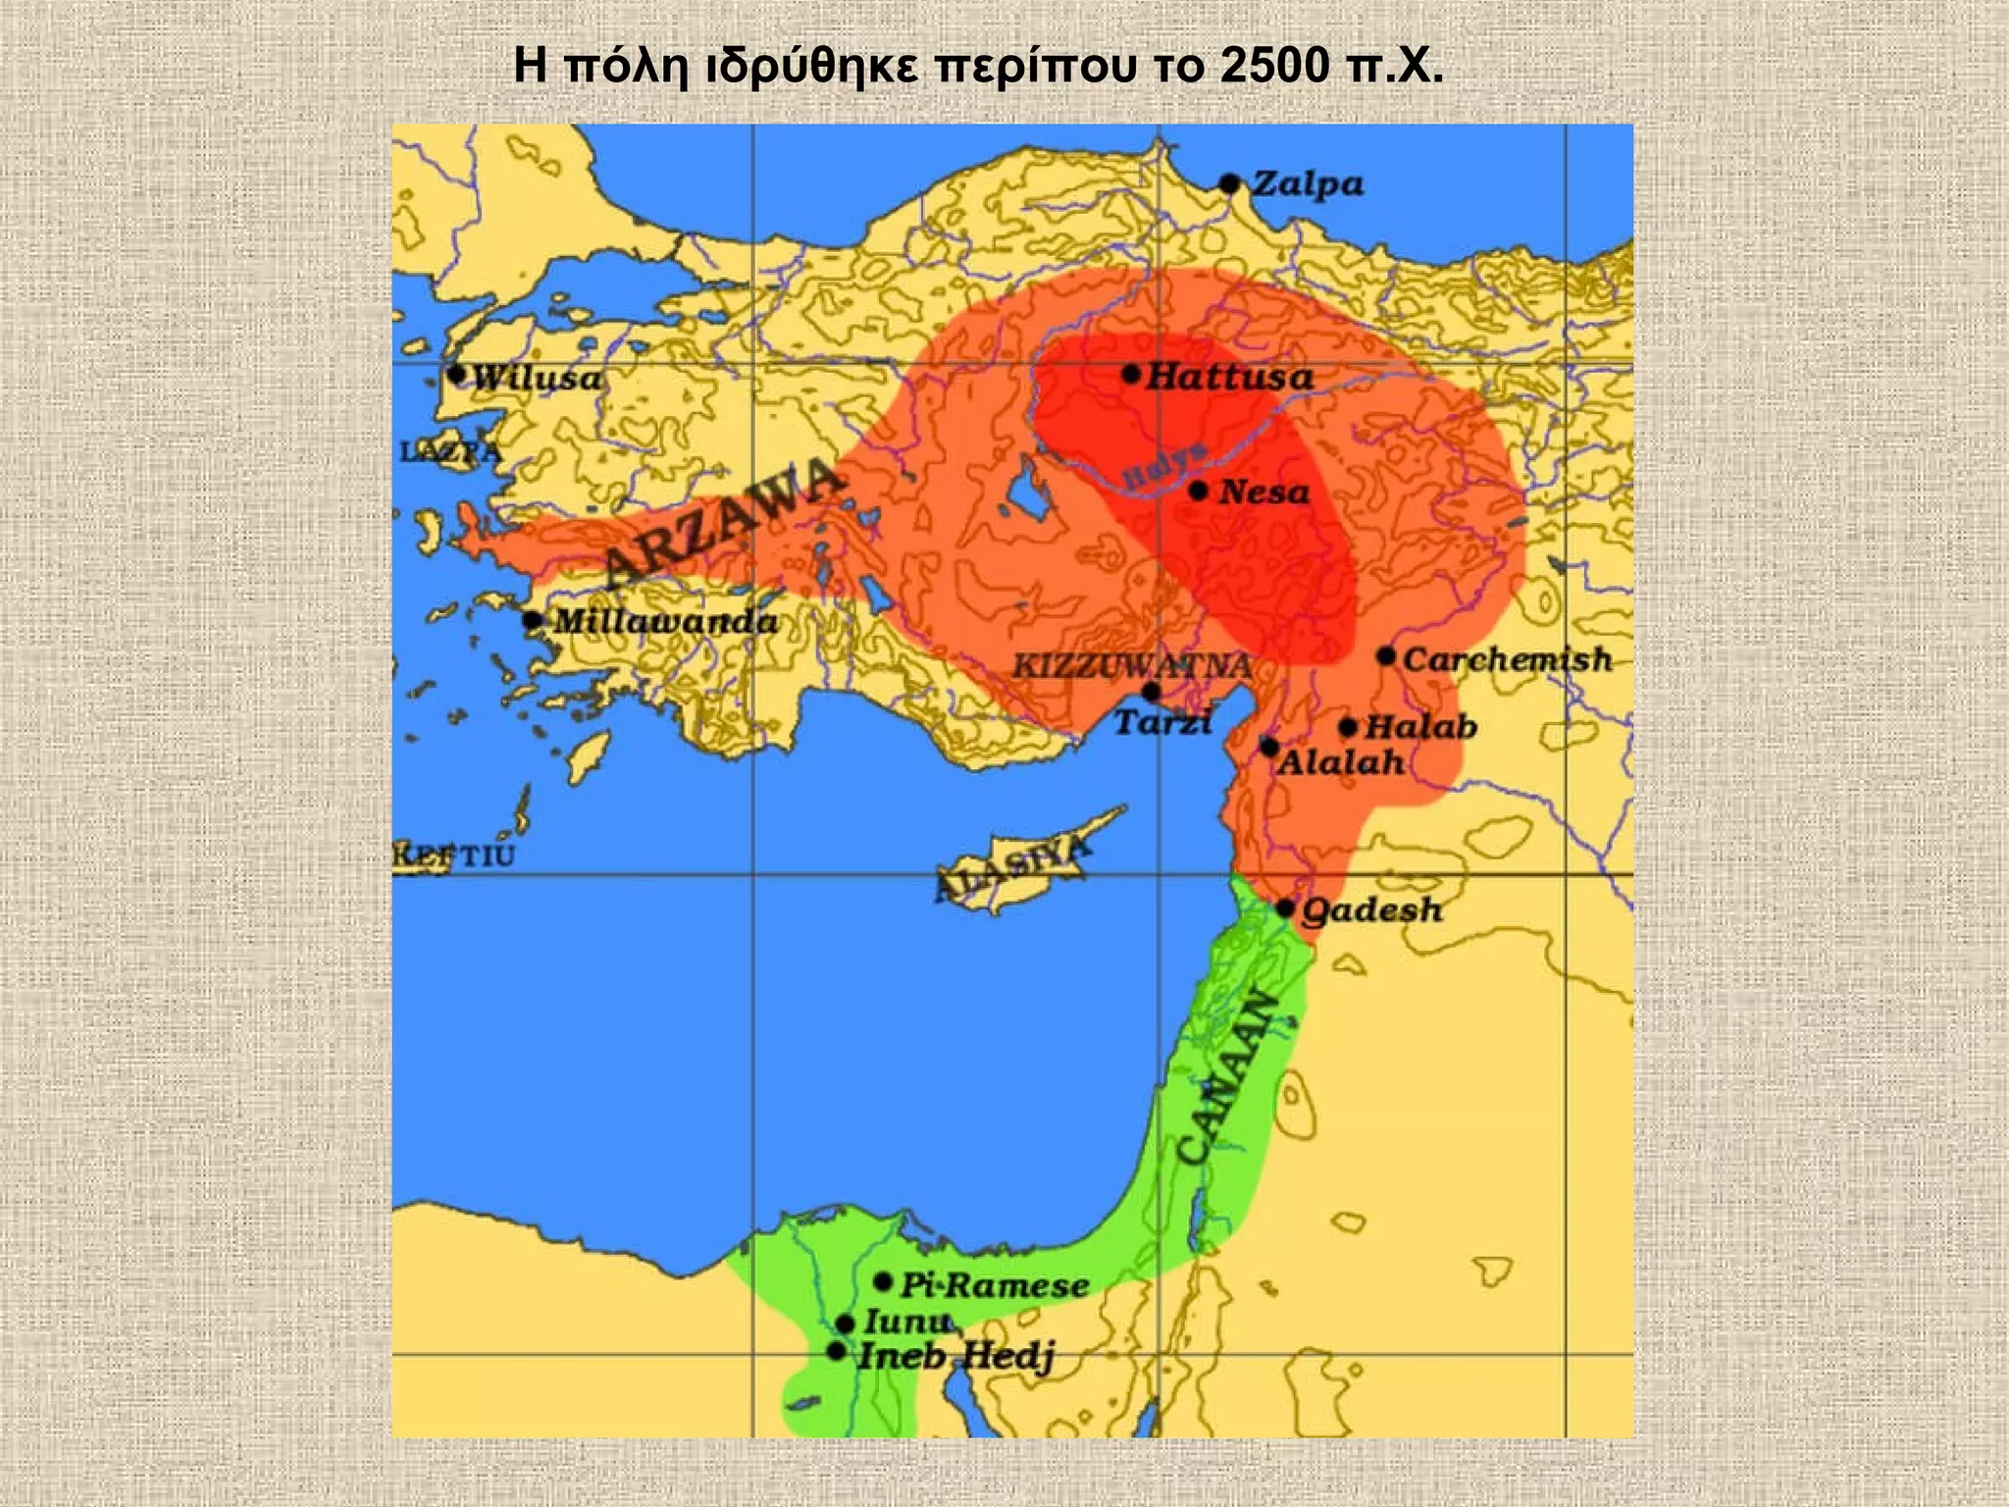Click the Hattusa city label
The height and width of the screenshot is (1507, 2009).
point(1229,376)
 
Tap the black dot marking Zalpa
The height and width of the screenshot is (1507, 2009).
point(1230,183)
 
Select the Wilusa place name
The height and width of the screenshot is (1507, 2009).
point(537,378)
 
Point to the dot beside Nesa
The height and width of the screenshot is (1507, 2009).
point(1198,491)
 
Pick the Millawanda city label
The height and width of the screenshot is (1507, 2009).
point(666,621)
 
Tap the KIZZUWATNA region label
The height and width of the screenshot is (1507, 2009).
point(1132,666)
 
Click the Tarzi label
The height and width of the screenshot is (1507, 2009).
point(1162,723)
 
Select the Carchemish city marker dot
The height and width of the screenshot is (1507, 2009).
point(1385,656)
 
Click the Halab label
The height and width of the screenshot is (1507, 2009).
point(1420,727)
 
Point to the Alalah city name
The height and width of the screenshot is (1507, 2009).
point(1340,762)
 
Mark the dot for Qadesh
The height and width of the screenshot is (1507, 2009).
point(1285,909)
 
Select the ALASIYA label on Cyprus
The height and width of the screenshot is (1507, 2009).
point(1013,870)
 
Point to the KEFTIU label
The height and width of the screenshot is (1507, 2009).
point(453,856)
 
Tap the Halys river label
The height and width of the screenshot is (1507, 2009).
point(1164,465)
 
